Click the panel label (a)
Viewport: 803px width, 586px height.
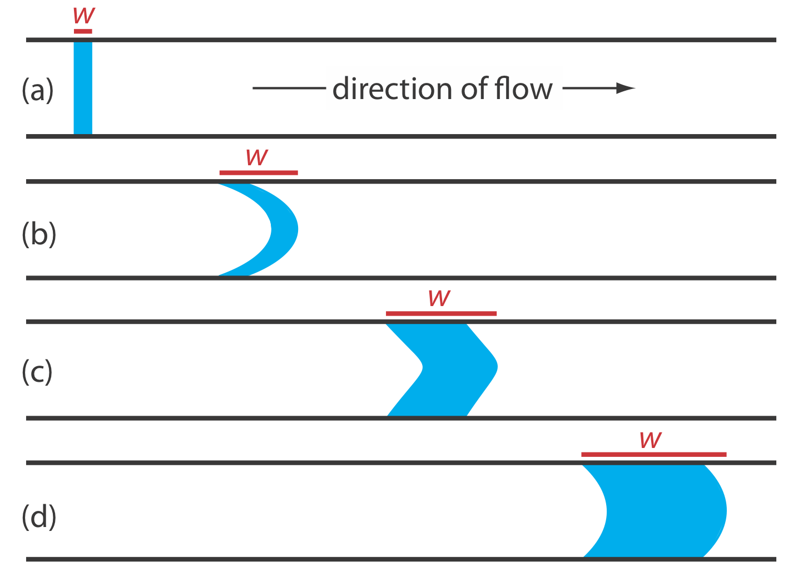coord(37,90)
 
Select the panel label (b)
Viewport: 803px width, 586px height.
coord(39,234)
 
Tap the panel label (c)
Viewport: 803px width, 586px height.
coord(37,372)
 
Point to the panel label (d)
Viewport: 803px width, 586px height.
coord(39,516)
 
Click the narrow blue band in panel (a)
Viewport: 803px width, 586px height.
coord(83,88)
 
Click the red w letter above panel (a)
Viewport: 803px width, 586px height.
coord(83,16)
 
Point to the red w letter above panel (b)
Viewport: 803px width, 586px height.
coord(257,157)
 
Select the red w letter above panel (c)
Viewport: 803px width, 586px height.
coord(439,298)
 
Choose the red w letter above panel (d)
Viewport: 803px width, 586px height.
coord(650,440)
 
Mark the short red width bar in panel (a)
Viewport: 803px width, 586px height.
coord(83,31)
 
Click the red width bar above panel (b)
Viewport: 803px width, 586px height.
coord(259,173)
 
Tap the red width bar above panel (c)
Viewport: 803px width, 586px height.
coord(441,313)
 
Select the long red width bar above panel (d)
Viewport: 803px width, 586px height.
coord(653,455)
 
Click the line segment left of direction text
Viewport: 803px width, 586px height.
coord(289,88)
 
